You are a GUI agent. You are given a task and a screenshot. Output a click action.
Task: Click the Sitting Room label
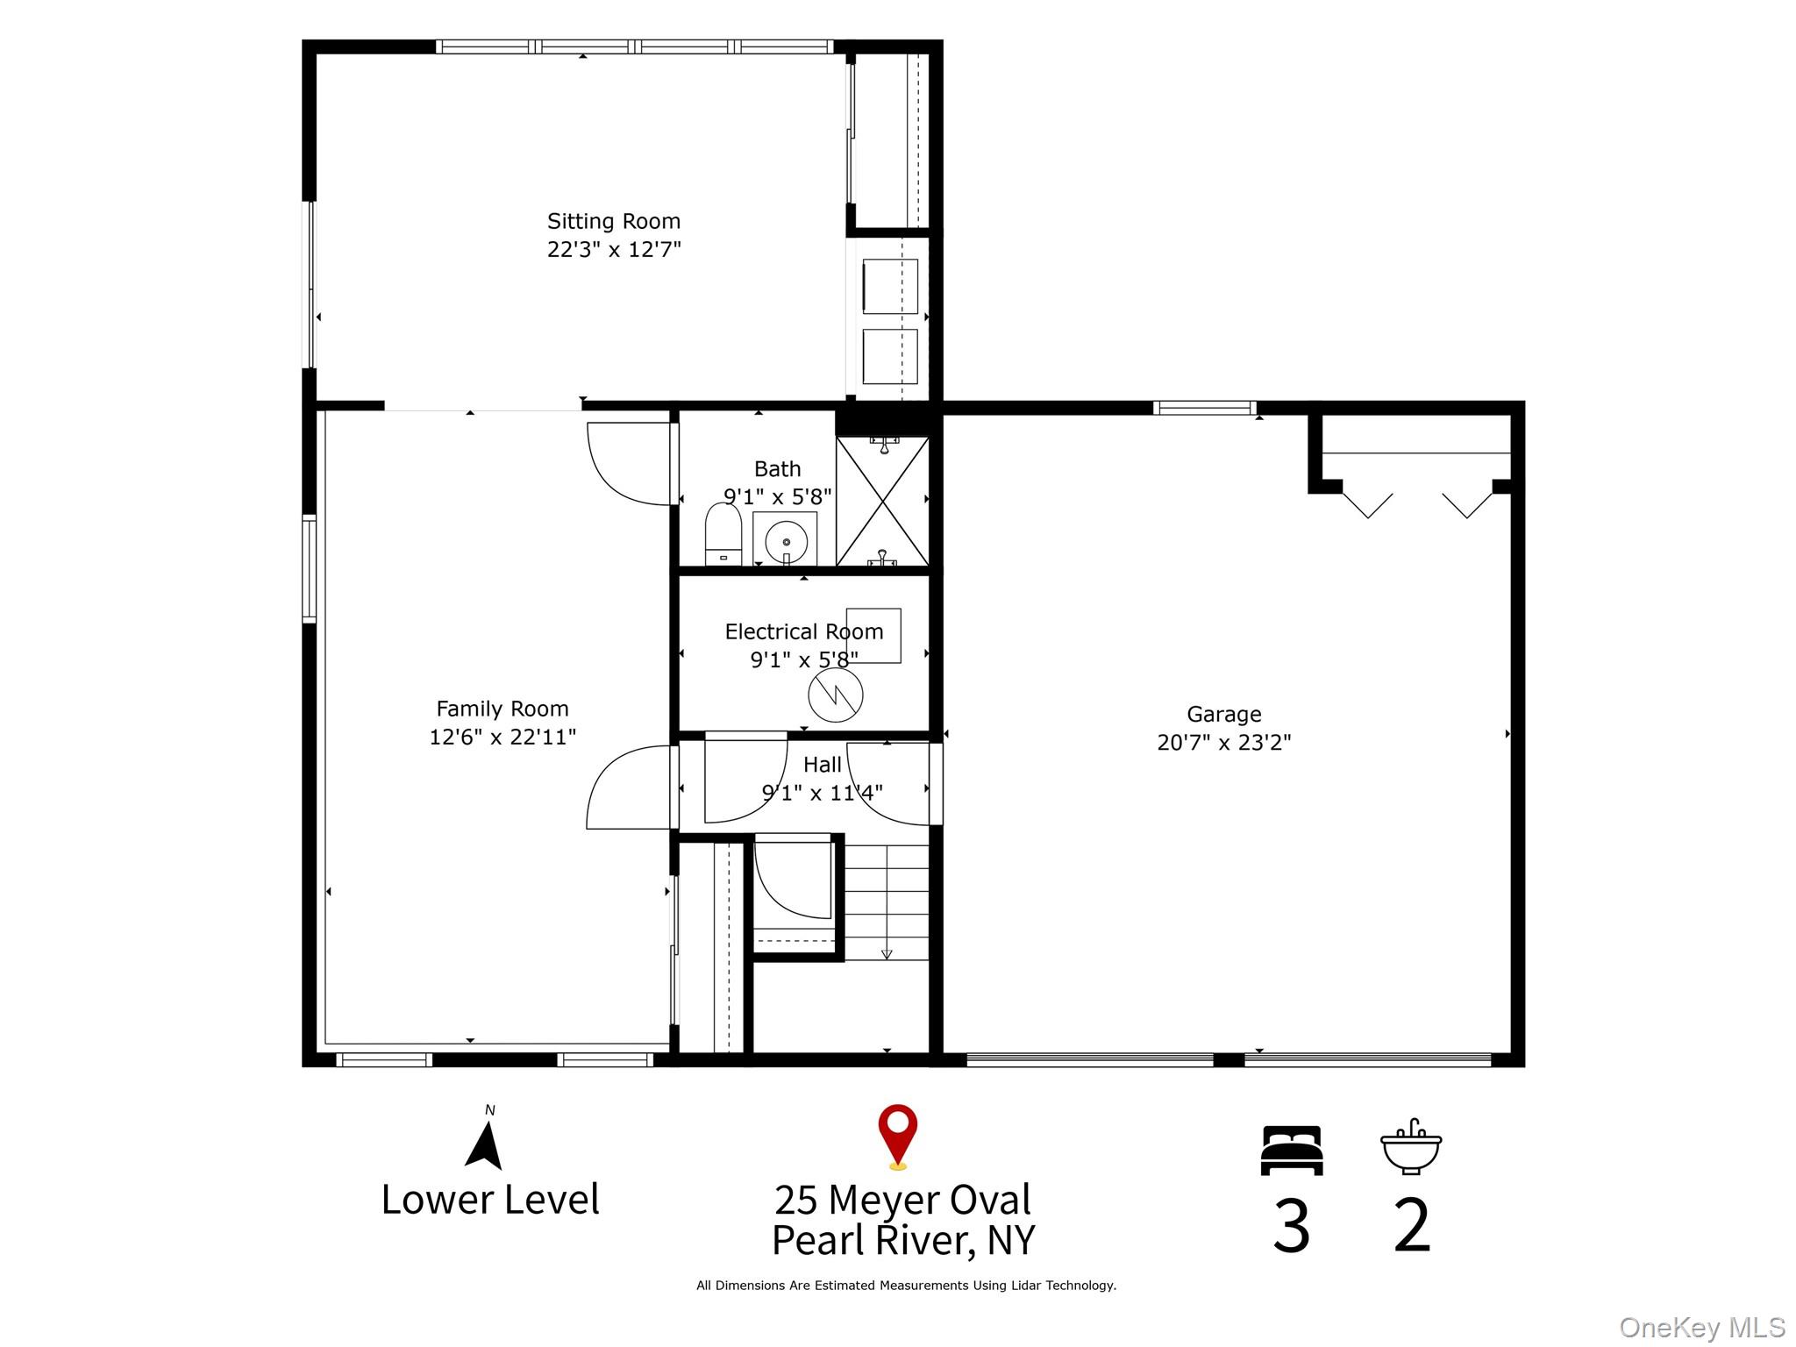[x=613, y=221]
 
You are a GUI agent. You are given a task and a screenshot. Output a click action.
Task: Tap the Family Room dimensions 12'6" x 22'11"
[x=502, y=737]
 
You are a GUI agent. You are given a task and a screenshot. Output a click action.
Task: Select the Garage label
[x=1223, y=714]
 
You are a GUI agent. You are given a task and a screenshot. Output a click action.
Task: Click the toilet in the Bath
[x=723, y=536]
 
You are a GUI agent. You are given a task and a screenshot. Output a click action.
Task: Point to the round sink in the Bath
[x=786, y=540]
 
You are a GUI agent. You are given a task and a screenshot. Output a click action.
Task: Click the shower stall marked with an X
[x=881, y=501]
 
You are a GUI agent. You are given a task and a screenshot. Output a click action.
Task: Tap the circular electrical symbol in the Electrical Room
[x=835, y=695]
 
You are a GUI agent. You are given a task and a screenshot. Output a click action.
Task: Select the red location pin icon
[x=897, y=1135]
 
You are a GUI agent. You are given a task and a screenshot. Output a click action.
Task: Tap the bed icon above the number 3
[x=1291, y=1150]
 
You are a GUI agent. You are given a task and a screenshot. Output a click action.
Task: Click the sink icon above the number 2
[x=1410, y=1147]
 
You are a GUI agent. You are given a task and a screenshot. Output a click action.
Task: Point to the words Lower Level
[x=490, y=1199]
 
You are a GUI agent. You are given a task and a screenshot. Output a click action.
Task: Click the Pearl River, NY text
[x=903, y=1240]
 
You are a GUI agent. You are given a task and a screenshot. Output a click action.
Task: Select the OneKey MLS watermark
[x=1701, y=1327]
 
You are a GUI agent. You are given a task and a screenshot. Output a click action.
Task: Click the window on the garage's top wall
[x=1204, y=408]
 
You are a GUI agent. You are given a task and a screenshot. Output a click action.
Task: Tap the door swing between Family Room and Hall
[x=628, y=788]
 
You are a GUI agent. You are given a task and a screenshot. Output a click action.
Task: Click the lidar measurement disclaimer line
[x=905, y=1286]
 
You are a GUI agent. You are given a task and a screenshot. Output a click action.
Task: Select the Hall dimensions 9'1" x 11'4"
[x=822, y=793]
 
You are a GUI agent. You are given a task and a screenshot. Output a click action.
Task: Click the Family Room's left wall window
[x=309, y=568]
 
